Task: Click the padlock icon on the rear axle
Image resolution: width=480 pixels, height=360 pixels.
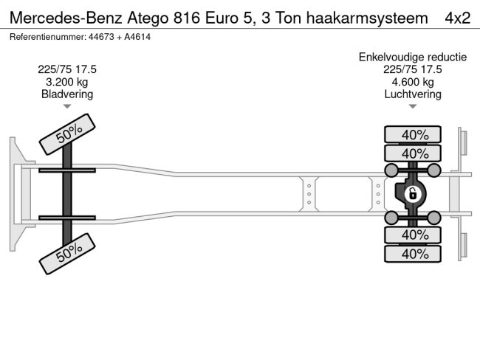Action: (413, 194)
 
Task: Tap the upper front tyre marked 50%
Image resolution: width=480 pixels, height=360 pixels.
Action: (67, 134)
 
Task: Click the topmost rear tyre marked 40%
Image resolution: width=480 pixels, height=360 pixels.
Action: (413, 134)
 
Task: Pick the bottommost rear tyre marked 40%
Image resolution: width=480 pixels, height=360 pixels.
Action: (413, 254)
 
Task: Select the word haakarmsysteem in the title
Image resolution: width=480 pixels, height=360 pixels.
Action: (366, 18)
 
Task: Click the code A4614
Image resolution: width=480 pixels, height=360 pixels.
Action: (137, 36)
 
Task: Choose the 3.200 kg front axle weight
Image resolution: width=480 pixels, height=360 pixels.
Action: (67, 82)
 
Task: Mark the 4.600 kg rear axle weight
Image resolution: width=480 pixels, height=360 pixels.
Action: (413, 82)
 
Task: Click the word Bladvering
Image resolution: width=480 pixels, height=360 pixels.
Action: (67, 94)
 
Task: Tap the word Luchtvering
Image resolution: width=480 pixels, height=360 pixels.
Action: (413, 94)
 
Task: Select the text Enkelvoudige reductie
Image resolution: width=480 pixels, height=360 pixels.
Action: (413, 57)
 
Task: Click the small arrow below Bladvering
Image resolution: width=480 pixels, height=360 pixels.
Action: (67, 107)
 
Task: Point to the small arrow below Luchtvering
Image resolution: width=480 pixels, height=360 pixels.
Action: (413, 107)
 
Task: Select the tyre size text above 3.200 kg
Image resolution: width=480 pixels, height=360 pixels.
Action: (67, 69)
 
